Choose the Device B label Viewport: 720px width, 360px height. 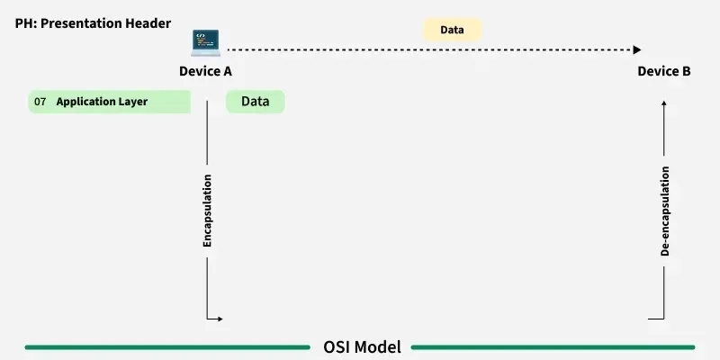tap(664, 71)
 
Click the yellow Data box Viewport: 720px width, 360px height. tap(453, 30)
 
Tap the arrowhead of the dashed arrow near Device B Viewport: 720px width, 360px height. tap(637, 50)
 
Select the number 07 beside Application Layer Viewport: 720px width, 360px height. tap(40, 103)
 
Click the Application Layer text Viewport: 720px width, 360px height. tap(102, 103)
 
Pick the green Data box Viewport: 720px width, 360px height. tap(255, 102)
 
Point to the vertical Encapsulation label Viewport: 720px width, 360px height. tap(207, 211)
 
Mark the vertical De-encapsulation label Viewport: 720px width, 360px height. tap(665, 211)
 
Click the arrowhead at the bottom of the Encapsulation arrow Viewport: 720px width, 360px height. tap(219, 319)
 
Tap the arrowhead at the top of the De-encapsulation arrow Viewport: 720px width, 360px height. tap(664, 103)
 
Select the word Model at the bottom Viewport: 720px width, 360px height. tap(380, 346)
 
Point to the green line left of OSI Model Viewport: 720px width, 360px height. tap(166, 346)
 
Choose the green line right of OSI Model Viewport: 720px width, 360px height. tap(553, 346)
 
